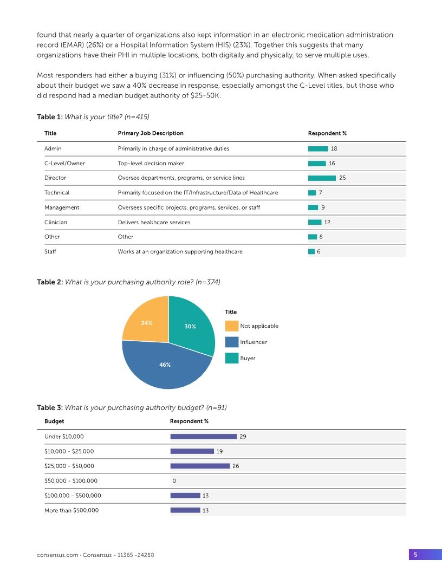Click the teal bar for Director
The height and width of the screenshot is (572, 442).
[x=322, y=178]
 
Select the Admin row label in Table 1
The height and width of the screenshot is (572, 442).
[x=53, y=148]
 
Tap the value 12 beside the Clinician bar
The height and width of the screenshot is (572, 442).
[x=327, y=222]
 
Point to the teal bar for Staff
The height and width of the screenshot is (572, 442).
[x=311, y=251]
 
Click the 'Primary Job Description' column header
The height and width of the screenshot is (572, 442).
[x=150, y=133]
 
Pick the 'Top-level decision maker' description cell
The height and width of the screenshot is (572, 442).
[x=151, y=163]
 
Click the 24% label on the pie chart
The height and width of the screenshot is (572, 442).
[x=146, y=323]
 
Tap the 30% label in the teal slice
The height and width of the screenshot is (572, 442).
[x=190, y=327]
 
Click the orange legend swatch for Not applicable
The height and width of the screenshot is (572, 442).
[x=232, y=326]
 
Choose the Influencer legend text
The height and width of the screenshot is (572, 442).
[x=253, y=342]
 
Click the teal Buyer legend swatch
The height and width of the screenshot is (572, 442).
[x=232, y=358]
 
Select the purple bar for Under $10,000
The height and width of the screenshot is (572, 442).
[x=203, y=436]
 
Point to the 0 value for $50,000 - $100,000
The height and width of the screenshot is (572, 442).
[x=174, y=480]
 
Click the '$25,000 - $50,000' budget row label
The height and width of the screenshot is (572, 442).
[x=69, y=466]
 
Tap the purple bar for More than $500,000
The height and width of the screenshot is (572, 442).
[x=185, y=510]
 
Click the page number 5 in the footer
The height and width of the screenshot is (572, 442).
[x=415, y=554]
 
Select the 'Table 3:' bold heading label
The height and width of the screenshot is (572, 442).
[x=49, y=407]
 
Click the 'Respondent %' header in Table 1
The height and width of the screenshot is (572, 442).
[x=327, y=133]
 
